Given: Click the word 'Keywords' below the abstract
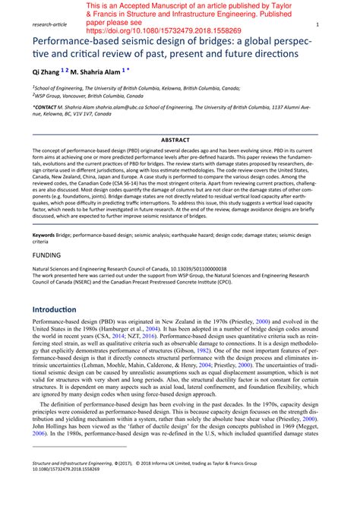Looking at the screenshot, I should pos(43,237).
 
